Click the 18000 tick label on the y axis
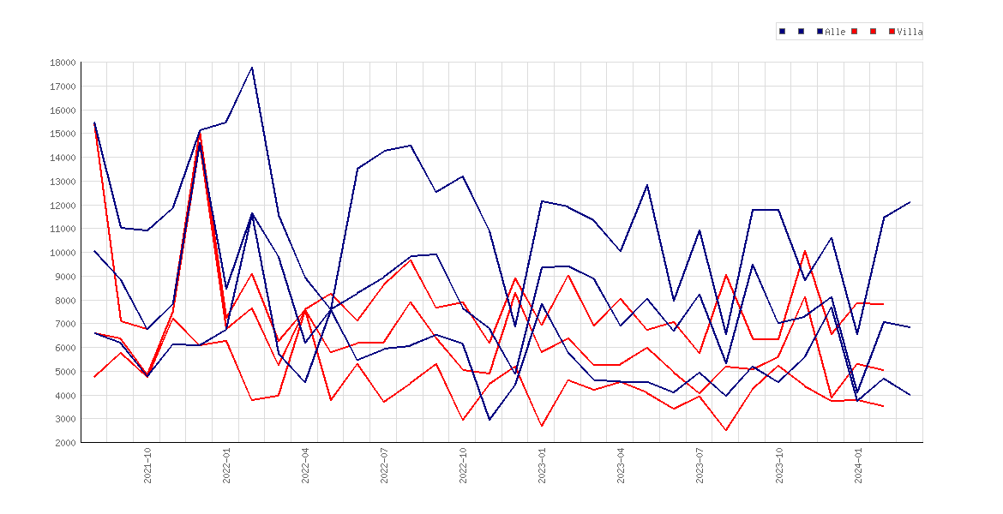(x=63, y=63)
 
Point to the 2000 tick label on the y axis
(x=64, y=442)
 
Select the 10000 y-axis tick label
(x=63, y=253)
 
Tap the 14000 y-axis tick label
(x=63, y=158)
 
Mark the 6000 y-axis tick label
(x=64, y=348)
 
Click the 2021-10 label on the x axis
(x=147, y=465)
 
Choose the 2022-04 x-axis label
(x=306, y=465)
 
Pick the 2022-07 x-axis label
(x=384, y=465)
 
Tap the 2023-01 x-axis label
(x=543, y=465)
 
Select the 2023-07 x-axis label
(x=700, y=465)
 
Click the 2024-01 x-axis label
(x=858, y=465)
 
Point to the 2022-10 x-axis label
(x=463, y=465)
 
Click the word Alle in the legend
(x=836, y=32)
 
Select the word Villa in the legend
(x=910, y=32)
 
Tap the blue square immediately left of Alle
(x=820, y=32)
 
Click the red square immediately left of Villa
(x=892, y=32)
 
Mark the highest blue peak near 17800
(x=252, y=67)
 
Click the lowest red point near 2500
(x=726, y=430)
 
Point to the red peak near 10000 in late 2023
(x=805, y=251)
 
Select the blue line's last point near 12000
(x=910, y=202)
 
